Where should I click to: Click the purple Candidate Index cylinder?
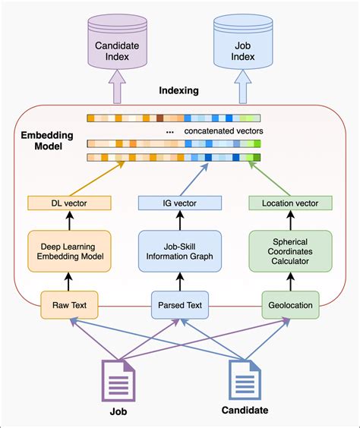[118, 42]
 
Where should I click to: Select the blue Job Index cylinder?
[243, 42]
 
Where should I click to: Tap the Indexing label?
[179, 90]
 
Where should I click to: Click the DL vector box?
[69, 203]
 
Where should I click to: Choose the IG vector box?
[180, 203]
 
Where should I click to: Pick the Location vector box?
[290, 203]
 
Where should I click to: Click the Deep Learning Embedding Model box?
[69, 251]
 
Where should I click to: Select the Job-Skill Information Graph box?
[180, 251]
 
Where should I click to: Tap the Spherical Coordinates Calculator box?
[290, 251]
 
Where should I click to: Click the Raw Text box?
[69, 305]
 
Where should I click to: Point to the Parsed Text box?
[180, 305]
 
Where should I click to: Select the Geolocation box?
[290, 305]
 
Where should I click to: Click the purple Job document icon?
[118, 381]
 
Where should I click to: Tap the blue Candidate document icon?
[245, 380]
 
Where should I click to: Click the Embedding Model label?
[47, 140]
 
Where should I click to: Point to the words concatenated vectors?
[224, 131]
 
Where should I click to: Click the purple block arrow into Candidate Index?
[117, 87]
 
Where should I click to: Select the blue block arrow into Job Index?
[243, 87]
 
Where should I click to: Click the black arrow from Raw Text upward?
[68, 282]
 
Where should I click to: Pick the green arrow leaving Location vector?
[270, 178]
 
